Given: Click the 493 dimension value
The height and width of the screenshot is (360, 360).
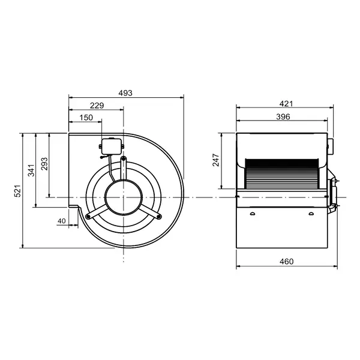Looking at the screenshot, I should tap(125, 93).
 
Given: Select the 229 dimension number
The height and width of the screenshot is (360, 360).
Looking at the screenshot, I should tap(97, 105).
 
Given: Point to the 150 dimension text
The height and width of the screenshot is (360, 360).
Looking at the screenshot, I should tap(86, 118).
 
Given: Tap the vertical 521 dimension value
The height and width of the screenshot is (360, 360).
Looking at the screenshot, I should tap(18, 191).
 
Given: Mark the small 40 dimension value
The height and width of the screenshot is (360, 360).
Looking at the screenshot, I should tap(62, 221).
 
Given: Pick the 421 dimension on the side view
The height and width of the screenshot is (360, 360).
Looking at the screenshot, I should tap(287, 104).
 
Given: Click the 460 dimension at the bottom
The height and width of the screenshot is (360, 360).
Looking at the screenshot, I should tap(286, 261).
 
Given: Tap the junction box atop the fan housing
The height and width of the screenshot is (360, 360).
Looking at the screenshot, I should tap(112, 145).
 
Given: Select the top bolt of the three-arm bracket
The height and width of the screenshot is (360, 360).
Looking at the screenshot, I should tap(124, 158).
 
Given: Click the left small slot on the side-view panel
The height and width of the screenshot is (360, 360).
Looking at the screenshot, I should tap(253, 214).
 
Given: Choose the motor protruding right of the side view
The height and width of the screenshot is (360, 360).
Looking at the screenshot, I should tap(333, 194).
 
